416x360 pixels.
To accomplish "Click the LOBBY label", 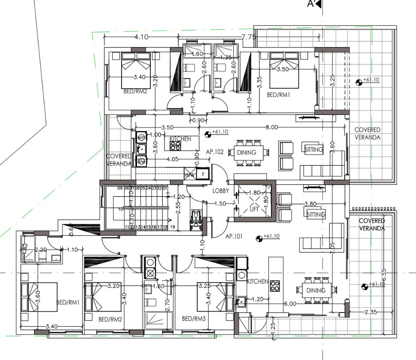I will pyautogui.click(x=220, y=190).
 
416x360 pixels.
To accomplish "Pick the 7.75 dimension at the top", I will pyautogui.click(x=248, y=37).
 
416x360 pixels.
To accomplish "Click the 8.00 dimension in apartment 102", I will pyautogui.click(x=271, y=127).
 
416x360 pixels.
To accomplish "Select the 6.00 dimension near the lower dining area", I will pyautogui.click(x=290, y=304).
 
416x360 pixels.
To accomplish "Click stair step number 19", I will pyautogui.click(x=173, y=227).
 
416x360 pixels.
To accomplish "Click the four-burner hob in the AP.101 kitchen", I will pyautogui.click(x=275, y=286).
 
